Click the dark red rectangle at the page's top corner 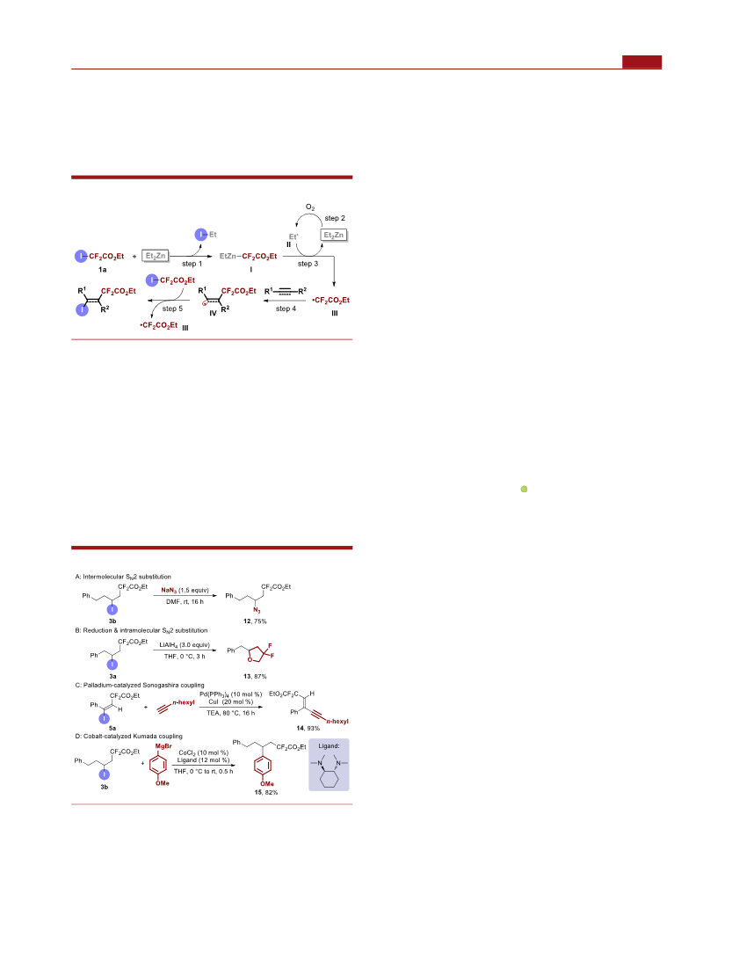(x=641, y=62)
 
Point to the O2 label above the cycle (x=310, y=208)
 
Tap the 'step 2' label (x=335, y=218)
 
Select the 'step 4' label (x=286, y=309)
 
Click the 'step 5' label (x=172, y=309)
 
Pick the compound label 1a (x=102, y=269)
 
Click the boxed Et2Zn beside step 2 (x=334, y=235)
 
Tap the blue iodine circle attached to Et (x=200, y=234)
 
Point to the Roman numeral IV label (x=213, y=313)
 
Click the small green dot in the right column (x=524, y=490)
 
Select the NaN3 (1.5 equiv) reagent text (x=185, y=590)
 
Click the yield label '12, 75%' (x=255, y=621)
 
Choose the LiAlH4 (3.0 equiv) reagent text (x=184, y=645)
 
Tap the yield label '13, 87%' (x=255, y=677)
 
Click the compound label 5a (x=112, y=729)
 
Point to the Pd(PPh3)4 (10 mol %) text (x=230, y=694)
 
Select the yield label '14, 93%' (x=308, y=729)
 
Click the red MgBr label (x=163, y=747)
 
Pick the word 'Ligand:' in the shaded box (x=329, y=746)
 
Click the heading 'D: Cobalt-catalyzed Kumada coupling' (x=129, y=737)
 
